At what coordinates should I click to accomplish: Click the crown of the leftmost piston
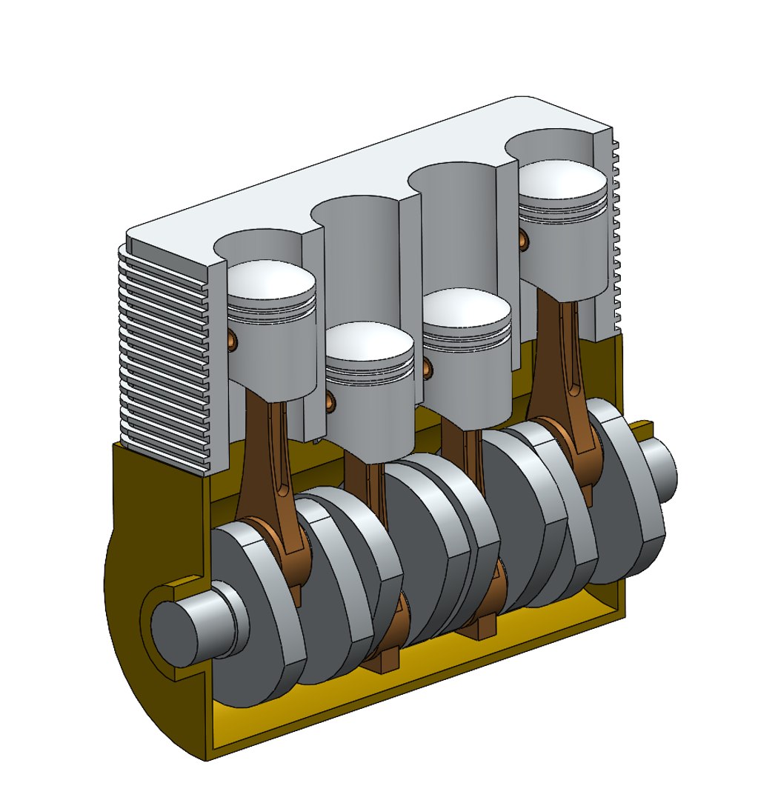(x=272, y=279)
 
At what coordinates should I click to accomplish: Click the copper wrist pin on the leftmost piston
(x=233, y=339)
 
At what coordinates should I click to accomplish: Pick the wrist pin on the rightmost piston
(x=525, y=239)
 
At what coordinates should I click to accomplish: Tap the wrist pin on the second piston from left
(x=330, y=401)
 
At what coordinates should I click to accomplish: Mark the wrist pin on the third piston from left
(x=428, y=367)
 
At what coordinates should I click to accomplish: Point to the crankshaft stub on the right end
(x=662, y=467)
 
